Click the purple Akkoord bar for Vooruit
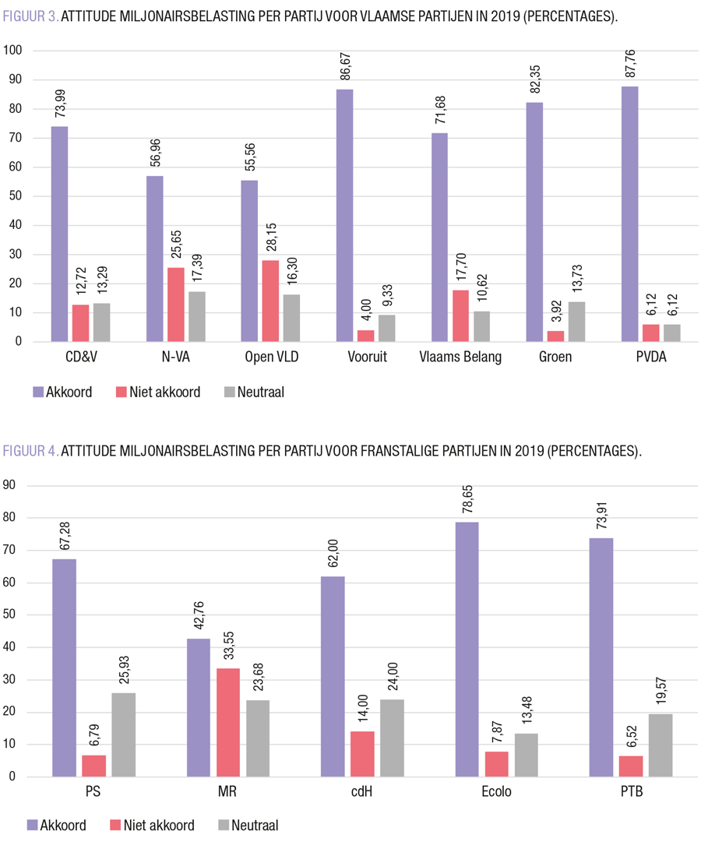[x=344, y=216]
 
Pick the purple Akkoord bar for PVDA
[x=629, y=214]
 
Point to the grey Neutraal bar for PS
[x=123, y=735]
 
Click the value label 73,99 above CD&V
[x=59, y=101]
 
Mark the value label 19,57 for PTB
[x=660, y=691]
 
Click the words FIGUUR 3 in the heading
[x=30, y=16]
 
